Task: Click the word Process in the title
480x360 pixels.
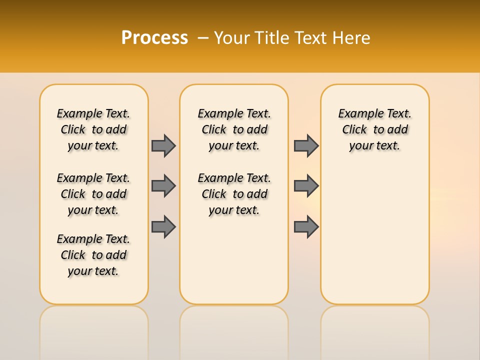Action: coord(154,38)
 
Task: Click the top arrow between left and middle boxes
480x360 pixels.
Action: coord(163,145)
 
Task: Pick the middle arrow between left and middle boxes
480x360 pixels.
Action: coord(163,186)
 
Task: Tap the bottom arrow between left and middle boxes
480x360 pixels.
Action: coord(163,226)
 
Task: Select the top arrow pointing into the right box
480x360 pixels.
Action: coord(306,145)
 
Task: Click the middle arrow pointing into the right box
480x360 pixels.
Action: coord(306,186)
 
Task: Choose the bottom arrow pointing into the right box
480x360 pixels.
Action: coord(306,226)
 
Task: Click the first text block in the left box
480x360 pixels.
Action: coord(93,129)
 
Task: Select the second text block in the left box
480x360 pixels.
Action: coord(93,194)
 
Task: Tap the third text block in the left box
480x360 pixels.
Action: coord(93,255)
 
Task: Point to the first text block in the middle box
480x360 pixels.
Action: coord(234,129)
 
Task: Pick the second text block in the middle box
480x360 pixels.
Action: coord(234,194)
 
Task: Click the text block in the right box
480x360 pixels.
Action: coord(375,129)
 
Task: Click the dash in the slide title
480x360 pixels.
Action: coord(203,38)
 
